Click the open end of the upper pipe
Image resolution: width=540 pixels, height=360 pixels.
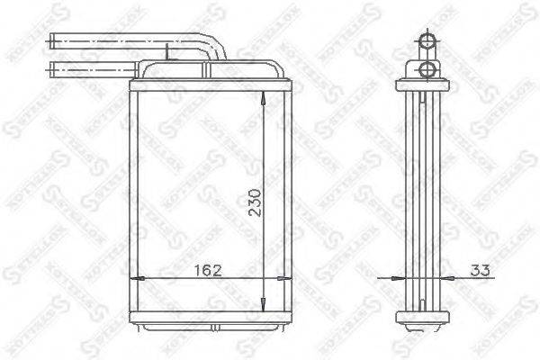[52, 40]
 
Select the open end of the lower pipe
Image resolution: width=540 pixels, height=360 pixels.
[52, 67]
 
